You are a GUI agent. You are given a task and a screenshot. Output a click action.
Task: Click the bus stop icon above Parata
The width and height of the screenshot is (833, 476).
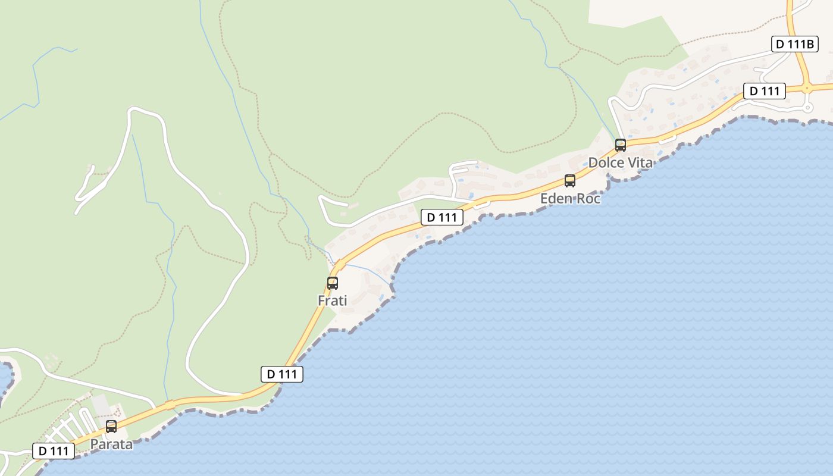pos(111,426)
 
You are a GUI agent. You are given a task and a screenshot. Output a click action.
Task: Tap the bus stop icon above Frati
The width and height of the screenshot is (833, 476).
pos(333,283)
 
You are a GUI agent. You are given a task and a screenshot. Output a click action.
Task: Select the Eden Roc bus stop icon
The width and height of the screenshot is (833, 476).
pos(570,181)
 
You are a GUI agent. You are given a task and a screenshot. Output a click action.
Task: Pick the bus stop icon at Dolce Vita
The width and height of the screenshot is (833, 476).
pos(621,145)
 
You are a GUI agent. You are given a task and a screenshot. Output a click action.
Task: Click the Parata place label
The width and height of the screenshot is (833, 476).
pos(111,444)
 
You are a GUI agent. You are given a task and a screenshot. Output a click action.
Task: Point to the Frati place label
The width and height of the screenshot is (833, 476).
pos(333,300)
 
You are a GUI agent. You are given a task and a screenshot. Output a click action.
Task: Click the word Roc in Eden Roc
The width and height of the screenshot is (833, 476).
pos(588,198)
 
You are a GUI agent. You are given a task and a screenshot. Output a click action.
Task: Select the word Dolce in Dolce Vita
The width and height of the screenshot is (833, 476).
pos(606,162)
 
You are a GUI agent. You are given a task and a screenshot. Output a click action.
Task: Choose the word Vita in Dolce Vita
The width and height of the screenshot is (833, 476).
pos(640,162)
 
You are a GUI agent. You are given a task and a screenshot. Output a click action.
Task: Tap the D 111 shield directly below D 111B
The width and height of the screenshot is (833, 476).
pos(765,91)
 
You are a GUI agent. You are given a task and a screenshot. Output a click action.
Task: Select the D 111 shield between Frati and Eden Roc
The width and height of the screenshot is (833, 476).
pos(442,217)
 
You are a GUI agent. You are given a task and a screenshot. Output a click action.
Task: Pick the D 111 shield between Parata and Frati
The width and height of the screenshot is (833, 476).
pos(282,374)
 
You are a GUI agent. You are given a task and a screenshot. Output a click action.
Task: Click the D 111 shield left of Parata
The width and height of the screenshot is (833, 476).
pos(54,451)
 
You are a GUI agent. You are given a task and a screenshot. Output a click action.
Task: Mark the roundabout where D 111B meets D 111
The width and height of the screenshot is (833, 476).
pos(807,89)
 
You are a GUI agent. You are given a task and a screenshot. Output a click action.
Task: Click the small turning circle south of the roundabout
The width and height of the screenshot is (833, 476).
pos(807,108)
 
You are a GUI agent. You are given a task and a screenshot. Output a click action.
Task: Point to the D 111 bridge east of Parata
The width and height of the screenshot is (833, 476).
pos(170,404)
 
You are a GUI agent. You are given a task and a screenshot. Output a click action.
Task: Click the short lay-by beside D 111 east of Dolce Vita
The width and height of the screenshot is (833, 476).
pos(668,139)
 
